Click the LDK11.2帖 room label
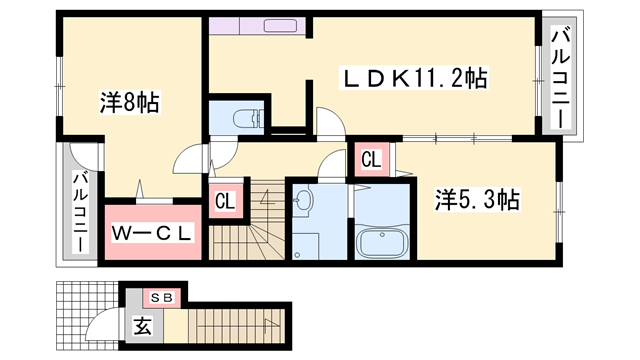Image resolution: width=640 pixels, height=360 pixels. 414,78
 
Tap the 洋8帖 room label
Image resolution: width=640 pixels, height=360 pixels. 129,102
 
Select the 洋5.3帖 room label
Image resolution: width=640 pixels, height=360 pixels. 477,200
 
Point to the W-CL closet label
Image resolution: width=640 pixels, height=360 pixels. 152,233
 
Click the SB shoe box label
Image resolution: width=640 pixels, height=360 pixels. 162,298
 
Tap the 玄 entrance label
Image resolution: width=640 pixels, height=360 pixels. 142,326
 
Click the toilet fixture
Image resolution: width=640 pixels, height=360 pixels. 247,118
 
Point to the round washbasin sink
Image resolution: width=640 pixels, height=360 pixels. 302,200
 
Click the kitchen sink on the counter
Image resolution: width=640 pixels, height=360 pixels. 280,26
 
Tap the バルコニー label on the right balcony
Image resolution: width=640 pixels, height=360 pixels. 561,76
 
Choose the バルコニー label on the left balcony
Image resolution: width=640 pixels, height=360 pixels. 80,212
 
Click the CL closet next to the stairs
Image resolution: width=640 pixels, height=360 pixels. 225,201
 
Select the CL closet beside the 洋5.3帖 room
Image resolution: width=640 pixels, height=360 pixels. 371,159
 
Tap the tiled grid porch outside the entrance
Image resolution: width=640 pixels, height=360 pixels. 87,316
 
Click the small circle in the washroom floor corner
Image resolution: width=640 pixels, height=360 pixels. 297,255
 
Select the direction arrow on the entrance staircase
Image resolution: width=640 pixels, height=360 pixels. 271,324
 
